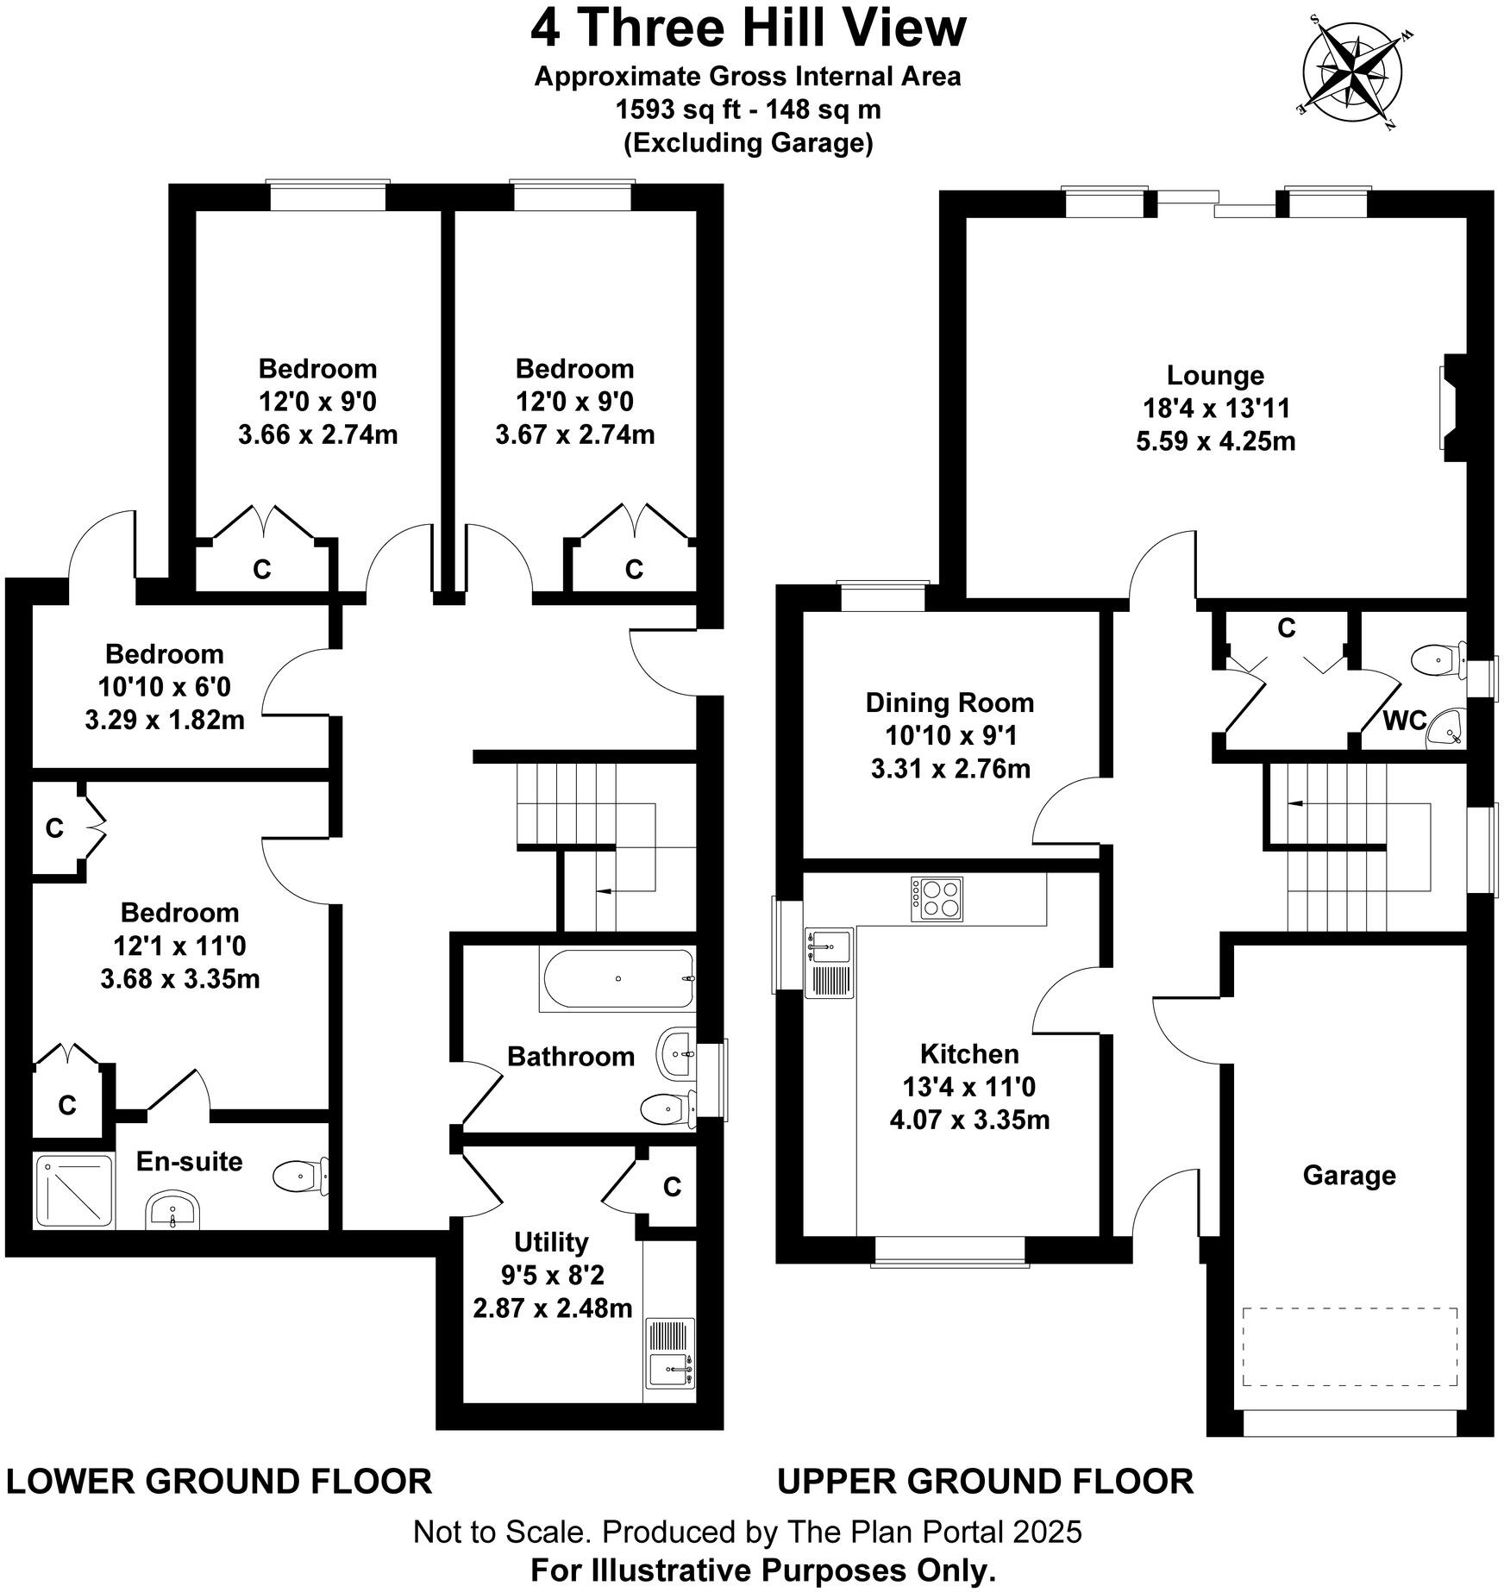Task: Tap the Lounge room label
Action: [x=1215, y=375]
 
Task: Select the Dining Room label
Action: [x=949, y=702]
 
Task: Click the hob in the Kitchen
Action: [x=937, y=899]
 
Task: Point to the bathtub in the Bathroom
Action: [x=617, y=979]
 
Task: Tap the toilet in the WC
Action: [x=1438, y=661]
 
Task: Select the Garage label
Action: [x=1348, y=1175]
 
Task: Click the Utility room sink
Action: [x=670, y=1369]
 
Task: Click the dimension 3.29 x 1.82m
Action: [x=164, y=720]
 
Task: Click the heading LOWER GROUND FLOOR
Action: [x=218, y=1481]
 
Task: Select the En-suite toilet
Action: [x=299, y=1175]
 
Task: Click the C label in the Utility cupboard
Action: [x=672, y=1187]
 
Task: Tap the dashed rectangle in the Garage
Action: [x=1349, y=1359]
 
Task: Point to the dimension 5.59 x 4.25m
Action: [x=1215, y=441]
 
